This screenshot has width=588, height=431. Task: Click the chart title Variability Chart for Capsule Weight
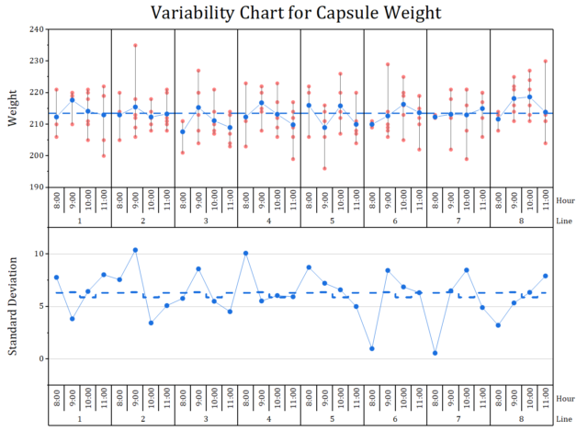click(296, 13)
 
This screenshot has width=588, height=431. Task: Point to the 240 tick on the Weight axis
click(37, 29)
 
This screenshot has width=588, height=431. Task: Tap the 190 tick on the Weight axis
click(37, 187)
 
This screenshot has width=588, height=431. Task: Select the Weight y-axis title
click(13, 108)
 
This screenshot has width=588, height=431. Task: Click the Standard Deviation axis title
click(13, 306)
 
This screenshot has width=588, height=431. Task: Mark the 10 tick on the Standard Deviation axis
click(40, 254)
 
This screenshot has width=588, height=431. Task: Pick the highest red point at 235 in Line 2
click(135, 45)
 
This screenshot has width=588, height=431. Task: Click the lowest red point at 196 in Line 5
click(324, 168)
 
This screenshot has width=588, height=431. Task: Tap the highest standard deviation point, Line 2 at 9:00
click(135, 250)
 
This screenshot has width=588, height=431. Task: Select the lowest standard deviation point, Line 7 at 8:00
click(435, 353)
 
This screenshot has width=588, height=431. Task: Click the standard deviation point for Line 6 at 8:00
click(372, 348)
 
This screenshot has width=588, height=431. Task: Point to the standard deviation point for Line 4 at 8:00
click(246, 254)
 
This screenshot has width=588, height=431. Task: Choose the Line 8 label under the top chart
click(521, 221)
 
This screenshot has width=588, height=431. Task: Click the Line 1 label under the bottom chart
click(80, 419)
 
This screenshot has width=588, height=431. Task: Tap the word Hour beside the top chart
click(565, 200)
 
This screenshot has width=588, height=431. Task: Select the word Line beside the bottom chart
click(564, 419)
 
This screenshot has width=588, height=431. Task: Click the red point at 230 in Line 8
click(546, 62)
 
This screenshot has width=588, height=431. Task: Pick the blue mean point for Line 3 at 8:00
click(183, 131)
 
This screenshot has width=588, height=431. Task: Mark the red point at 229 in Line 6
click(388, 64)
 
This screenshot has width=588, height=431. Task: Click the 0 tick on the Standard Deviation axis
click(41, 358)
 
